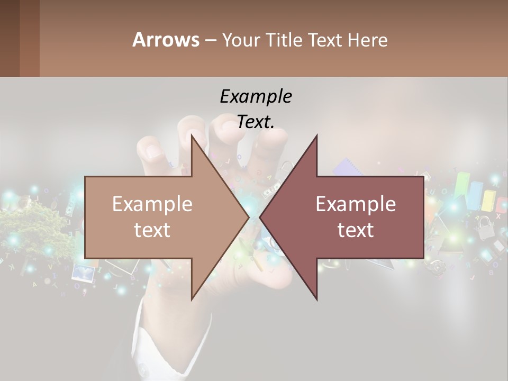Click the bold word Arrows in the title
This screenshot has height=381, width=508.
pyautogui.click(x=166, y=40)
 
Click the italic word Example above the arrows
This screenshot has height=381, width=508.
pyautogui.click(x=256, y=96)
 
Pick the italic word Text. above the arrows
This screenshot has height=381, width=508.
pyautogui.click(x=256, y=122)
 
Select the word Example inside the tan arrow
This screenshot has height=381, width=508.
pyautogui.click(x=152, y=204)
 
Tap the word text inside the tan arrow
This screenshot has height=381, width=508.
pyautogui.click(x=152, y=230)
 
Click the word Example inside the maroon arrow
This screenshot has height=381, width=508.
pyautogui.click(x=356, y=204)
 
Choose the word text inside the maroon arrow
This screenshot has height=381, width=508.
pyautogui.click(x=356, y=230)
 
